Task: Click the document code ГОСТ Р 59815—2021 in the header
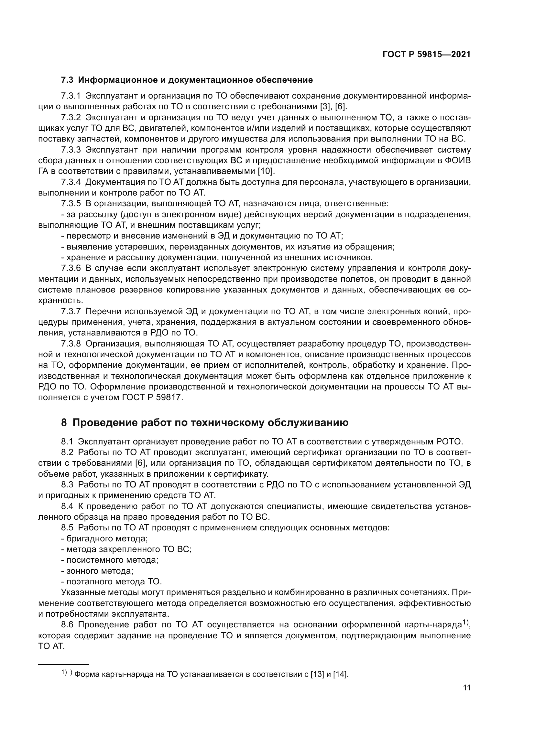[426, 55]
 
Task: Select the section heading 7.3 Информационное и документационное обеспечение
[187, 80]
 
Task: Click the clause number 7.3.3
[71, 150]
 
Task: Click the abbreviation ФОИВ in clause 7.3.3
[459, 161]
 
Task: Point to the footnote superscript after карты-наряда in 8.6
[465, 622]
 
